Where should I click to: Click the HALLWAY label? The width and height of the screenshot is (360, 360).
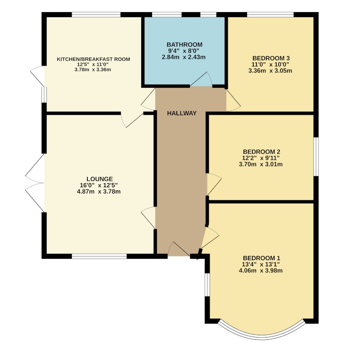(x=182, y=113)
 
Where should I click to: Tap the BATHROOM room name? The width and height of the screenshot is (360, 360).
(x=184, y=45)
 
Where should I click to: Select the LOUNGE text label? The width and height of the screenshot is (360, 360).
(x=99, y=179)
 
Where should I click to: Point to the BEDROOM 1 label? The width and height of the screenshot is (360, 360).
(x=261, y=258)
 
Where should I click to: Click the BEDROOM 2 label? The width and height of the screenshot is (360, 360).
(x=261, y=152)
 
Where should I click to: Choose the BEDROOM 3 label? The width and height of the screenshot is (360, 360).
(x=271, y=58)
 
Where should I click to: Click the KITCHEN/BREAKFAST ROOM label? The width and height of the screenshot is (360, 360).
(x=94, y=59)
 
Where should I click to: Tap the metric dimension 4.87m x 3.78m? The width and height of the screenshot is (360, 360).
(x=99, y=192)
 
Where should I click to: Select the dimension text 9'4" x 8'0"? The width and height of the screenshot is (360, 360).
(x=184, y=51)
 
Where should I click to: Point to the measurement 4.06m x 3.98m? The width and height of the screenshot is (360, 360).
(x=261, y=271)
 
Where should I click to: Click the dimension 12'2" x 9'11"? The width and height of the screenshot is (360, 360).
(x=261, y=158)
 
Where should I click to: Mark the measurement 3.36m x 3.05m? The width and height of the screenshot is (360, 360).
(x=270, y=71)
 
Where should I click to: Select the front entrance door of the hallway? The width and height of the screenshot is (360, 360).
(x=179, y=249)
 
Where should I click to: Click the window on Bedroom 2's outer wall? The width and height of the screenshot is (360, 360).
(x=316, y=157)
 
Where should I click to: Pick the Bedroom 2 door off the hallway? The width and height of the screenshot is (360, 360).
(x=214, y=184)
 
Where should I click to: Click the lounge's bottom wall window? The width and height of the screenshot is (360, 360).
(x=99, y=256)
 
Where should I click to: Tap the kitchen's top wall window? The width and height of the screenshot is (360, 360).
(x=96, y=14)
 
